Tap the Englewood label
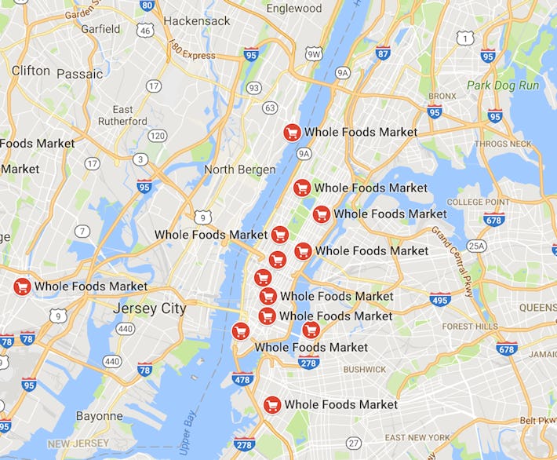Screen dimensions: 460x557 294,8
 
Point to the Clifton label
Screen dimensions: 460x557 31,71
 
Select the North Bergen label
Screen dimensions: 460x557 239,170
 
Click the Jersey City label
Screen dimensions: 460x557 150,308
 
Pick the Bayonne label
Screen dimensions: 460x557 100,416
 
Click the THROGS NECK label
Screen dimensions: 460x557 504,144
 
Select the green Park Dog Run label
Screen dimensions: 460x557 502,85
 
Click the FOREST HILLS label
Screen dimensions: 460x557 470,327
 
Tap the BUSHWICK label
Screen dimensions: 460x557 365,369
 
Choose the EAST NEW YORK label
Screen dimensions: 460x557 417,437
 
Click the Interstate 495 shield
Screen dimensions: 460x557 440,299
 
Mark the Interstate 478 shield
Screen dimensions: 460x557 243,379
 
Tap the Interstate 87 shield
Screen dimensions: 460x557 382,53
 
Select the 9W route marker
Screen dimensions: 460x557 314,53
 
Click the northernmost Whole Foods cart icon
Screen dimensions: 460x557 292,133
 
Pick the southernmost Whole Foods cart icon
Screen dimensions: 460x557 272,405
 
